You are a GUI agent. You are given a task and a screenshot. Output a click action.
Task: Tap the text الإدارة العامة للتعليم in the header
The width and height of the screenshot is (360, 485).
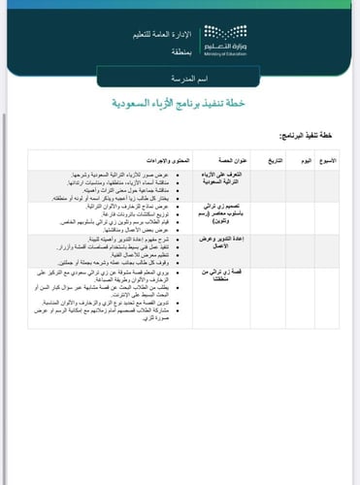[155, 35]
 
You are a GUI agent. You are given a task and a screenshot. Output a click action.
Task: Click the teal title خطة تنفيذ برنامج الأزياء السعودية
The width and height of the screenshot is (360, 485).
[180, 101]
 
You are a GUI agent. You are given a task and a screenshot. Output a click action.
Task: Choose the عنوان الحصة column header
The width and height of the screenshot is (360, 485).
[224, 157]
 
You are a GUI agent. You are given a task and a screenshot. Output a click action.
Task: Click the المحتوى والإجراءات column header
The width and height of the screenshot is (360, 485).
[156, 157]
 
